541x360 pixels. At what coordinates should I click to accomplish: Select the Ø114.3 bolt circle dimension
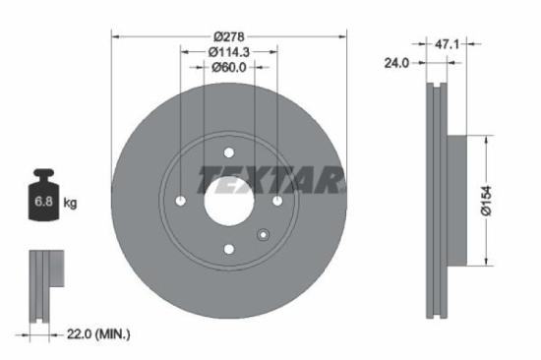pyautogui.click(x=227, y=51)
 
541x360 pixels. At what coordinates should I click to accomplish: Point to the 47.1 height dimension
pyautogui.click(x=451, y=42)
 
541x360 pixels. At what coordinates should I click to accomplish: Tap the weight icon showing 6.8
pyautogui.click(x=43, y=200)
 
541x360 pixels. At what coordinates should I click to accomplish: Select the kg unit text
pyautogui.click(x=71, y=204)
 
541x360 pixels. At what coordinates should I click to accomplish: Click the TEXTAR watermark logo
pyautogui.click(x=272, y=181)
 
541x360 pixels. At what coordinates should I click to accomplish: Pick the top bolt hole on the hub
pyautogui.click(x=228, y=152)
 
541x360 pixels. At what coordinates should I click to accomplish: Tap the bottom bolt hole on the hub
pyautogui.click(x=228, y=249)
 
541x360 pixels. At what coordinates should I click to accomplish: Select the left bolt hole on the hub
pyautogui.click(x=180, y=201)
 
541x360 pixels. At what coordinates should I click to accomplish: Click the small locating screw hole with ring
pyautogui.click(x=263, y=234)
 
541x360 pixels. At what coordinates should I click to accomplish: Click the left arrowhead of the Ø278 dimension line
pyautogui.click(x=116, y=35)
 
